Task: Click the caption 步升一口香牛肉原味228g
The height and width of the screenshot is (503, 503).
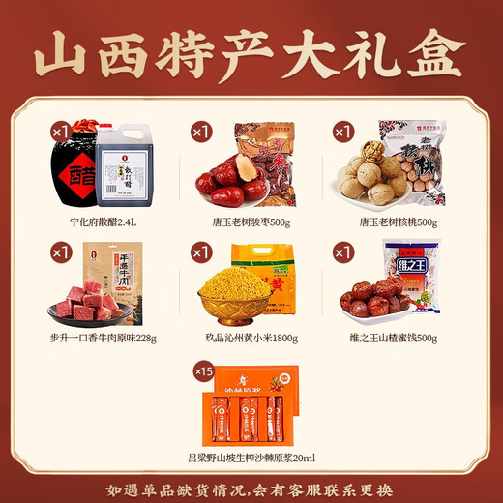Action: click(101, 338)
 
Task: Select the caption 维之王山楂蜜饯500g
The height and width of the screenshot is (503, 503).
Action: click(398, 338)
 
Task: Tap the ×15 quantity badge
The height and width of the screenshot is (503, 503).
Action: click(204, 371)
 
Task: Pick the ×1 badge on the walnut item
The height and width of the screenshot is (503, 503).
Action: click(343, 132)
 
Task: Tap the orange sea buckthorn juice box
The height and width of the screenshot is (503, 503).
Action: click(253, 406)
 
